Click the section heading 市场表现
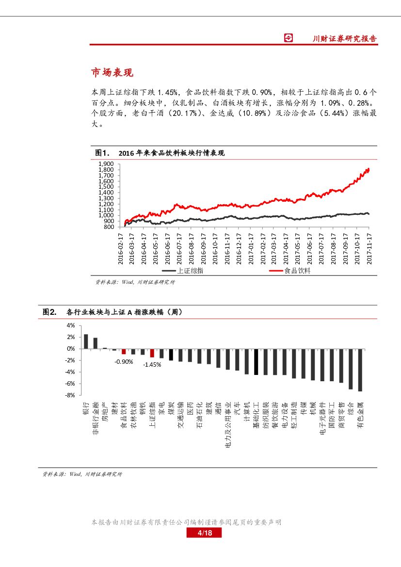(112, 73)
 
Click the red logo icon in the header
(289, 38)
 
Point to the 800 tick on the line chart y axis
(109, 227)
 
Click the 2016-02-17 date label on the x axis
(121, 248)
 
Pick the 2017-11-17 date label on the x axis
(369, 248)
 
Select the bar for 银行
(86, 341)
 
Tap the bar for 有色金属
(360, 370)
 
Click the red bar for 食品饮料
(124, 351)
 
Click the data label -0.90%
(124, 361)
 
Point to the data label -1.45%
(152, 364)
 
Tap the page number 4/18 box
(204, 533)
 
